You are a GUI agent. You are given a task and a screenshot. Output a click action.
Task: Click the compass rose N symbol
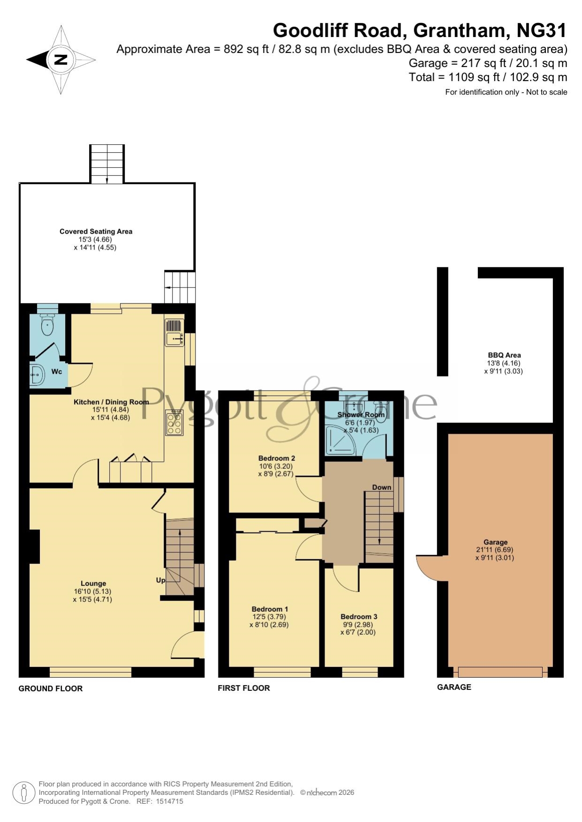[61, 59]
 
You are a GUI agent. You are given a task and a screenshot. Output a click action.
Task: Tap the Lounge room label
[93, 584]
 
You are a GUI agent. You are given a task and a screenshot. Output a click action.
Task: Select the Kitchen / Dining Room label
[111, 402]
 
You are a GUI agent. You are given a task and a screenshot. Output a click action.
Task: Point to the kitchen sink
[174, 333]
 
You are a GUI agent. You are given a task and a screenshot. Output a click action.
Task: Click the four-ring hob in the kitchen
[174, 422]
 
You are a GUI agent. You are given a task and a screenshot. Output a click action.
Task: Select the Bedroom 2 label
[277, 458]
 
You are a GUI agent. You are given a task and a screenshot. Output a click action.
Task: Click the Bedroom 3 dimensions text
[358, 628]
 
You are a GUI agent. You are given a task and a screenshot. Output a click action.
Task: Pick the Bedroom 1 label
[270, 609]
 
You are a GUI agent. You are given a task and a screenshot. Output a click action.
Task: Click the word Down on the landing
[382, 487]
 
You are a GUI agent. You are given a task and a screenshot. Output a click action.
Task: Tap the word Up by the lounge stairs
[160, 580]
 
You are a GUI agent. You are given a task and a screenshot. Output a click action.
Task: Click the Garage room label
[496, 542]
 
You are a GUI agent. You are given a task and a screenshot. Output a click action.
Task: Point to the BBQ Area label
[504, 355]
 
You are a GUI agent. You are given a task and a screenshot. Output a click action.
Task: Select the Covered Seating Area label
[96, 231]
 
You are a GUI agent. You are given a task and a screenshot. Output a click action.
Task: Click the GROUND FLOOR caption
[51, 689]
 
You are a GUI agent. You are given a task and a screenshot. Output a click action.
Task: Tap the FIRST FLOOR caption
[244, 688]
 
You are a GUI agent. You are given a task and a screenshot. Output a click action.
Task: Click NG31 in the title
[542, 30]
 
